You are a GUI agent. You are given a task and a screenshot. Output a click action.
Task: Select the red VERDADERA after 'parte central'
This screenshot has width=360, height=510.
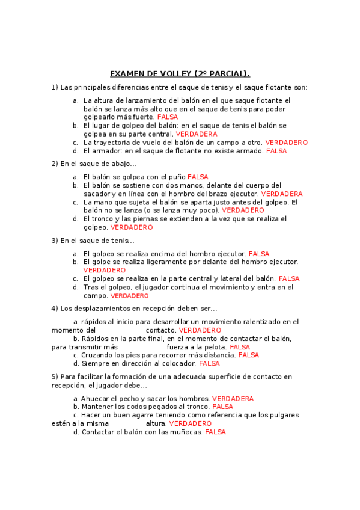click(197, 134)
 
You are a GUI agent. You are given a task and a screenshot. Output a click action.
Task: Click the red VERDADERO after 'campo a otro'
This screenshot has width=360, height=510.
click(286, 143)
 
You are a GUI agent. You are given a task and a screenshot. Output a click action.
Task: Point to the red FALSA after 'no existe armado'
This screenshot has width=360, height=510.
click(276, 151)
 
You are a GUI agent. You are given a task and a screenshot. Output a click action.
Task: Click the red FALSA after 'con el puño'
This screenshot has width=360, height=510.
click(198, 177)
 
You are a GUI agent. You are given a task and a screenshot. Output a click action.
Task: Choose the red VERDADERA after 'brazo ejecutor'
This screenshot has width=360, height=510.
click(281, 194)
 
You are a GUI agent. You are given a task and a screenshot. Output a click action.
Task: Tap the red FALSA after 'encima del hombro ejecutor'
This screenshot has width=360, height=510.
click(259, 254)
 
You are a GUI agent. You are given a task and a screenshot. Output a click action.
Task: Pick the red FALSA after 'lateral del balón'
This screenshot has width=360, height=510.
click(289, 279)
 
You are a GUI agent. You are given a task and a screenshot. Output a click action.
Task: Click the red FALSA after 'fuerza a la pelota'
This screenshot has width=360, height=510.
click(240, 348)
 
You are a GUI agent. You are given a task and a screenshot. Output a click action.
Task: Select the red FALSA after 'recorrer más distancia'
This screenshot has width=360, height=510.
click(249, 355)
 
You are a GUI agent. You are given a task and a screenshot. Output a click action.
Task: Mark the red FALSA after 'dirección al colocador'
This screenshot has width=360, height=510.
click(209, 364)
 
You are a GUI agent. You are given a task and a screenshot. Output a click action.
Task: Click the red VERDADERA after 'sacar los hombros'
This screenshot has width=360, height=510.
click(233, 399)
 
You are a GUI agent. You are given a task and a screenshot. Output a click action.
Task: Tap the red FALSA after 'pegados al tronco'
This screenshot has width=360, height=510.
click(223, 407)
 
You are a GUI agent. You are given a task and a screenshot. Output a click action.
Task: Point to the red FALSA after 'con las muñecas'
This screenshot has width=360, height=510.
click(215, 432)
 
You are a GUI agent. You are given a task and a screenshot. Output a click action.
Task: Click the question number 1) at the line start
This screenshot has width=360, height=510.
click(55, 87)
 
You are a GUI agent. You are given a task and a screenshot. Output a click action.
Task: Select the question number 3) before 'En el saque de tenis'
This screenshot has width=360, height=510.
click(55, 241)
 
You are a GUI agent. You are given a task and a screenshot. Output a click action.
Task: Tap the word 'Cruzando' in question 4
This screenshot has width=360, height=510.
click(97, 355)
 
